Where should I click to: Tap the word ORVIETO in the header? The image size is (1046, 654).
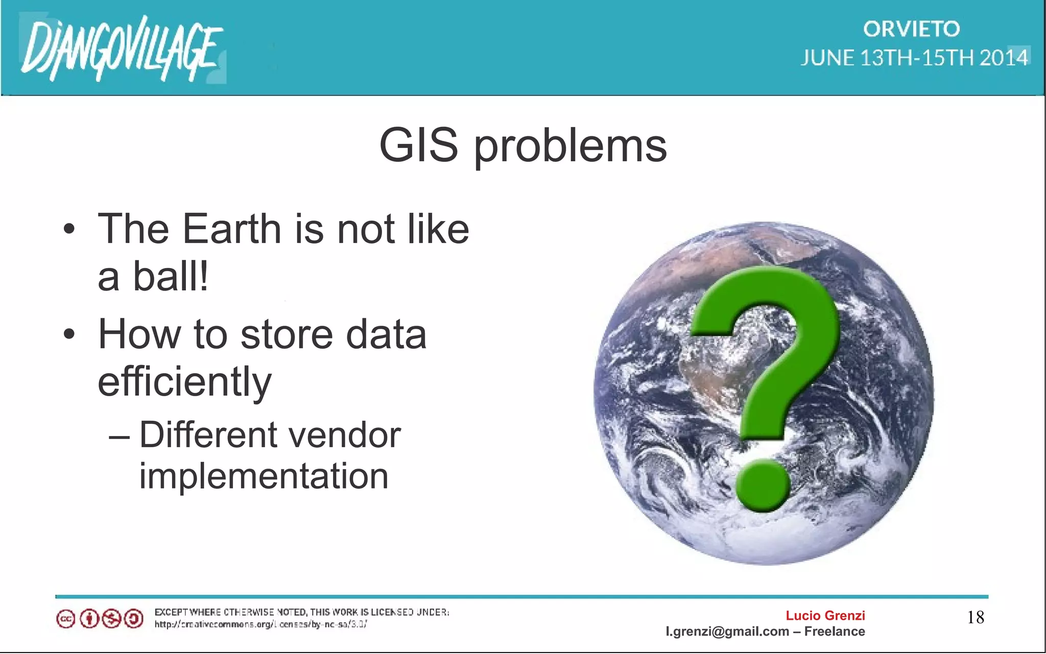912,29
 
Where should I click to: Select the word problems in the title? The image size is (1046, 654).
570,147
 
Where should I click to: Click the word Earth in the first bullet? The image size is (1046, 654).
232,229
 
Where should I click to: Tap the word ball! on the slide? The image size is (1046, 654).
171,276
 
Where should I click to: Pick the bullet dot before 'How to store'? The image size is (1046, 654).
69,335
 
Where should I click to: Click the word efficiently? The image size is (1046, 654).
184,382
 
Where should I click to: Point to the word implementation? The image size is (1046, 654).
264,476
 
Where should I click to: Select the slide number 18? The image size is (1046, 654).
976,618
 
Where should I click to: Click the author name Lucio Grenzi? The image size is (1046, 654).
825,616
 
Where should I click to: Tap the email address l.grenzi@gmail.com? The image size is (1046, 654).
727,632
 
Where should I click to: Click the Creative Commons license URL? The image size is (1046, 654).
260,624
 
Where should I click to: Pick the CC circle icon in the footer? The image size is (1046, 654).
66,619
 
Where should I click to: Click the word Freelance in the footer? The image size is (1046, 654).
835,632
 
